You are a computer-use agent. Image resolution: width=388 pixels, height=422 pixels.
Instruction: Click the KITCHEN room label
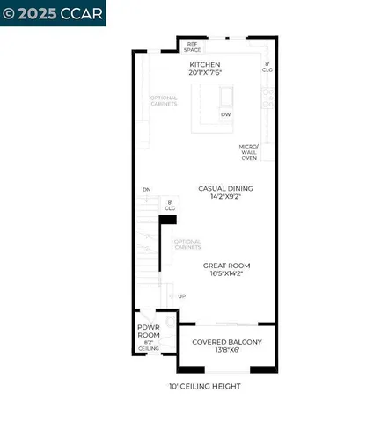tap(205, 64)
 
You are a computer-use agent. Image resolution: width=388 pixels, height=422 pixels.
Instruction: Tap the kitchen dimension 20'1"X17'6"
tap(205, 73)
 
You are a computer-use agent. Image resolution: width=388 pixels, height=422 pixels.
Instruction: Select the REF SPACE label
tap(192, 46)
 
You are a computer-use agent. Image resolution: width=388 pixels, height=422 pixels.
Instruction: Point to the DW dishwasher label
tap(226, 115)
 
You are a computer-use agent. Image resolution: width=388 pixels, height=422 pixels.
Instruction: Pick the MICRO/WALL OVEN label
tap(249, 152)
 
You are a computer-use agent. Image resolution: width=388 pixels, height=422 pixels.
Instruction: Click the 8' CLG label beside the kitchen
tap(267, 67)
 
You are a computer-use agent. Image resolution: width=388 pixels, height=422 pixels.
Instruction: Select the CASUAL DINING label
tap(225, 188)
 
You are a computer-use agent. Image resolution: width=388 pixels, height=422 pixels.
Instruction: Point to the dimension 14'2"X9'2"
tap(225, 197)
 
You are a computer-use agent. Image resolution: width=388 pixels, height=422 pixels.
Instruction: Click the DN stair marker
tap(146, 189)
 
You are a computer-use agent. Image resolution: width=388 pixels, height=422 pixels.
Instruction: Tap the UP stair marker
tap(181, 296)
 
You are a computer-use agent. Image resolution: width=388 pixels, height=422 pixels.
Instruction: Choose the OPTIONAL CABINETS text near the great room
tap(187, 244)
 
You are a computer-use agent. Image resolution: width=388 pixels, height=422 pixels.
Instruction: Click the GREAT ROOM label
tap(226, 265)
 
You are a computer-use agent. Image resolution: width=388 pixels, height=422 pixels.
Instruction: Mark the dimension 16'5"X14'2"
tap(226, 273)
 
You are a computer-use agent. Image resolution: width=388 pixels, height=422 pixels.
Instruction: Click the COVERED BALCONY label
tap(226, 341)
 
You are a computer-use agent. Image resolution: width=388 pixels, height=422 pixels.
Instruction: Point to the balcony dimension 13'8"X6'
tap(226, 350)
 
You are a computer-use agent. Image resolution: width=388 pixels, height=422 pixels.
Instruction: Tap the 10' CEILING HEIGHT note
tap(205, 386)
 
